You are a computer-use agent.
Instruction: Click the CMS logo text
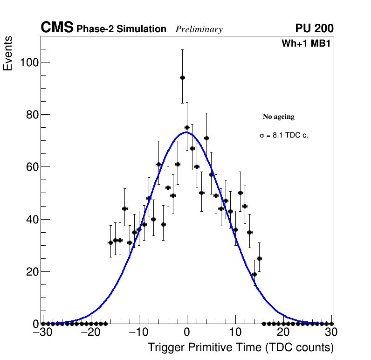click(57, 28)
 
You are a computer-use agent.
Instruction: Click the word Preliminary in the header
click(199, 29)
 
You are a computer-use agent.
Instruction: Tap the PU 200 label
click(314, 28)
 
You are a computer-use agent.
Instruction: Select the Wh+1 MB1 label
click(306, 44)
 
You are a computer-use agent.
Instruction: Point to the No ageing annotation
click(279, 117)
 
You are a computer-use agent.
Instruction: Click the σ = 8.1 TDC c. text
click(284, 135)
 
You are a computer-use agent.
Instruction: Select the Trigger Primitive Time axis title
click(240, 347)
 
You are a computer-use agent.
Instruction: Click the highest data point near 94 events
click(182, 77)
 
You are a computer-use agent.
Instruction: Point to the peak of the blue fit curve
click(186, 132)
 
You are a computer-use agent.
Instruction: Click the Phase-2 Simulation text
click(121, 29)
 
